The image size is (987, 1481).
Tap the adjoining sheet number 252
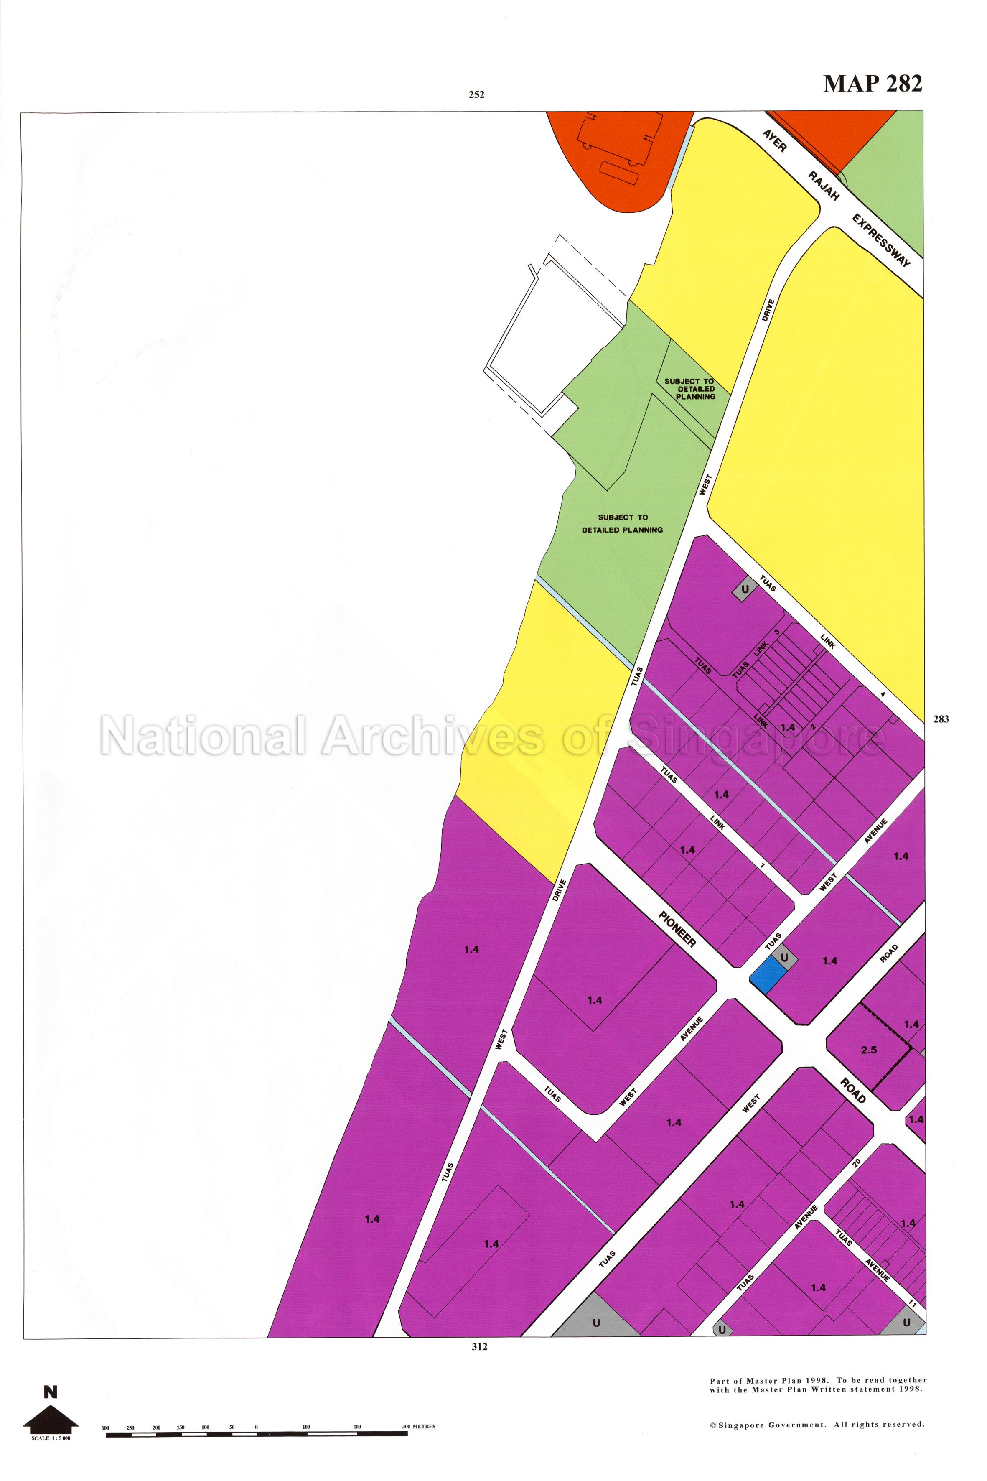pos(476,95)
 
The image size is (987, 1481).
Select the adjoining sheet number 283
pos(941,719)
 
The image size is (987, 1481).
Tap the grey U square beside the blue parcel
pos(784,958)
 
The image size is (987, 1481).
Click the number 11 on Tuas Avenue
pos(912,1299)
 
